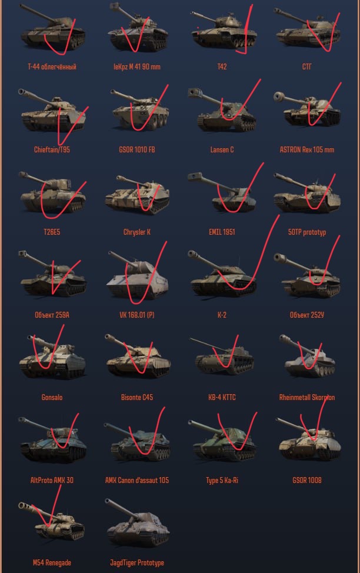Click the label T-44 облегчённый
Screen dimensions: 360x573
[52, 66]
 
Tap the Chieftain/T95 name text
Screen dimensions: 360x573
[52, 149]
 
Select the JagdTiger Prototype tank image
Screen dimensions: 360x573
[138, 523]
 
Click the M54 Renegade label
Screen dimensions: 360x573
[52, 563]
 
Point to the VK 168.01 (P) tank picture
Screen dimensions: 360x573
[138, 274]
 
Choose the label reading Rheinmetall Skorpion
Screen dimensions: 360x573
[307, 397]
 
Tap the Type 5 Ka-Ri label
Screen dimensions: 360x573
[222, 480]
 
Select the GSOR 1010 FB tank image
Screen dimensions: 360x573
[139, 109]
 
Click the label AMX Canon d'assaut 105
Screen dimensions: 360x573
[137, 480]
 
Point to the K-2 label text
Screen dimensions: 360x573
[222, 315]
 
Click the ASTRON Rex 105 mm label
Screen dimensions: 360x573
[307, 149]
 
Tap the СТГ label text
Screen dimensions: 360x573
[307, 66]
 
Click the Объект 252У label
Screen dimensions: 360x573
[307, 315]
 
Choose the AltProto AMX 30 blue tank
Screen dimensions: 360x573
[52, 440]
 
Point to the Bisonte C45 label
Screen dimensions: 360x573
[137, 397]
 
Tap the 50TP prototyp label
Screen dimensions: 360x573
[307, 232]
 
